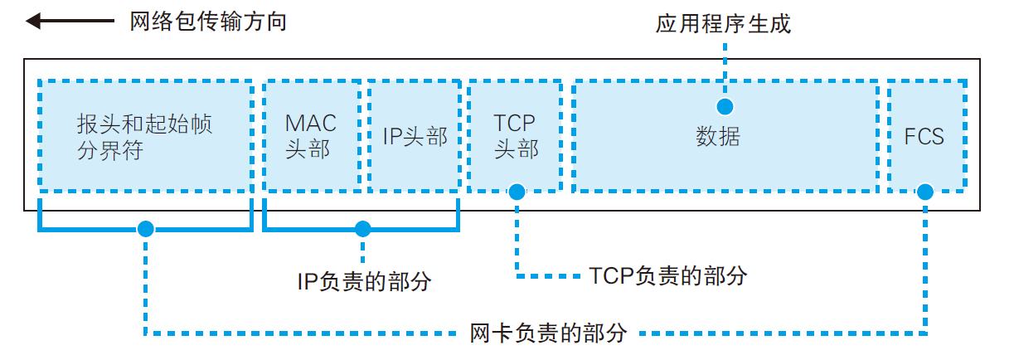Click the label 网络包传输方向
tap(208, 21)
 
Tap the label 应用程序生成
tap(723, 24)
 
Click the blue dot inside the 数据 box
tap(725, 106)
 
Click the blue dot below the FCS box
tap(925, 192)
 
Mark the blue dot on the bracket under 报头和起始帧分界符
tap(146, 228)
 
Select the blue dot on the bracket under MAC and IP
tap(361, 228)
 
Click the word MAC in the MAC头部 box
tap(311, 124)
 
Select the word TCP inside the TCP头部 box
tap(516, 124)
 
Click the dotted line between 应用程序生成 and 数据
tap(725, 71)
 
